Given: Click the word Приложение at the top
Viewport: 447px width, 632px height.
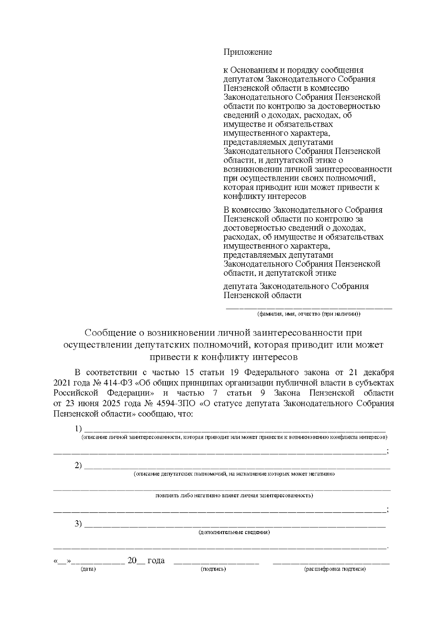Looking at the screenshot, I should click(x=247, y=52).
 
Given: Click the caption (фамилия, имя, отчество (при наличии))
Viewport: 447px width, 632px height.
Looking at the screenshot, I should click(x=309, y=314).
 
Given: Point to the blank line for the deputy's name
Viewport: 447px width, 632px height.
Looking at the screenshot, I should click(x=309, y=308).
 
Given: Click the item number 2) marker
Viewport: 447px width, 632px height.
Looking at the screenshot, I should click(x=78, y=466).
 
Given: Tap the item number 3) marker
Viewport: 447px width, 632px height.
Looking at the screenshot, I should click(x=78, y=524).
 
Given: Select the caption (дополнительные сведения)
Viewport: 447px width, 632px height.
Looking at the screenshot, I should click(x=234, y=532).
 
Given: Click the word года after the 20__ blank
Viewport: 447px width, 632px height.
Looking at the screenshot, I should click(x=156, y=561).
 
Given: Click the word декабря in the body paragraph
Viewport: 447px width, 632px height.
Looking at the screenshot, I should click(x=378, y=372).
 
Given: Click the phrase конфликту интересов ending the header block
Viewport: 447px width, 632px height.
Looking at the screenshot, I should click(x=264, y=196).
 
